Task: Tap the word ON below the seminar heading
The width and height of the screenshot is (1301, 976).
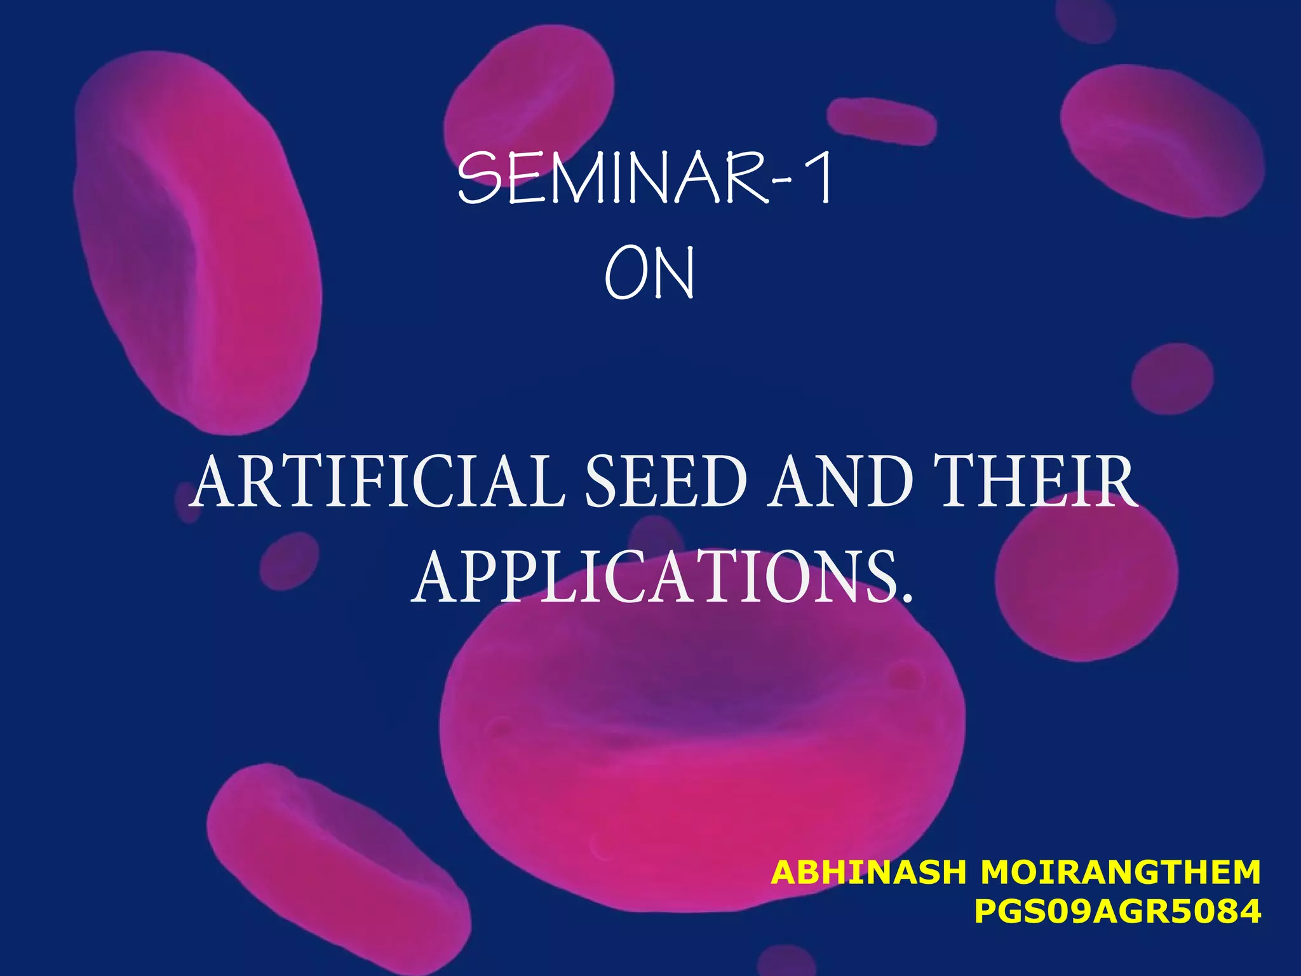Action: pos(649,274)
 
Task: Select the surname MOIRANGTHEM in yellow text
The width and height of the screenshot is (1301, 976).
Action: pos(1120,872)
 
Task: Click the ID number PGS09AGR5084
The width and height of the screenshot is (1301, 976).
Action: pos(1117,912)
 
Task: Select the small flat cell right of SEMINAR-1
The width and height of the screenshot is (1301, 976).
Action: pos(881,121)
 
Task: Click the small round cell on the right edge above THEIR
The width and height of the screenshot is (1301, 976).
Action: pos(1172,378)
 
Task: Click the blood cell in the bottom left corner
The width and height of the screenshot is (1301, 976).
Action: pos(337,871)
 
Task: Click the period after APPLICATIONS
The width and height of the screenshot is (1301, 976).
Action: pos(907,598)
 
